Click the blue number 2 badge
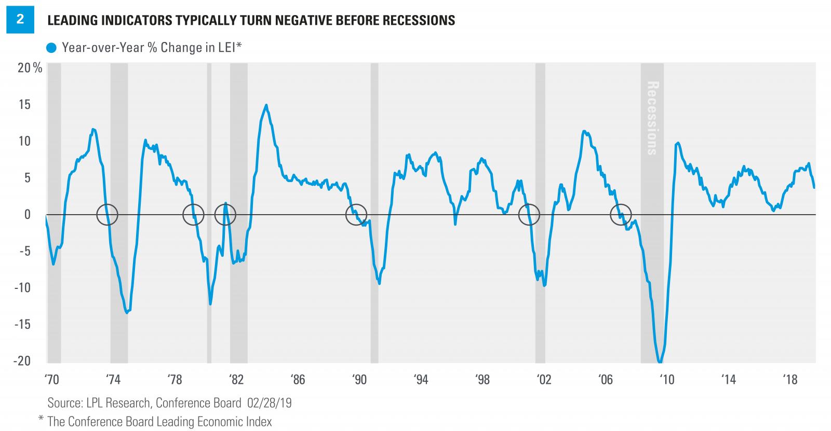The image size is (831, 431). click(20, 20)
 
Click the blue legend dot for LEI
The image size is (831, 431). click(51, 48)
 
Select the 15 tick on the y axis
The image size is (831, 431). click(24, 105)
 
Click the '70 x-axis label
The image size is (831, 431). click(52, 380)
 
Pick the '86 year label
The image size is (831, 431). click(298, 380)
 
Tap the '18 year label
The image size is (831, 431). click(789, 380)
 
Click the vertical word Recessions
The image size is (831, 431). click(652, 118)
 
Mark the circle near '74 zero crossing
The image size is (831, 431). click(108, 214)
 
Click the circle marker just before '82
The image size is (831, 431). click(225, 214)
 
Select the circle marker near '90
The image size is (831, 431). click(356, 214)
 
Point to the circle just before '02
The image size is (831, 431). click(529, 214)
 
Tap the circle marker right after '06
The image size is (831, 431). click(621, 214)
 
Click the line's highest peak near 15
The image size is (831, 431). click(266, 105)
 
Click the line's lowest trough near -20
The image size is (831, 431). click(660, 362)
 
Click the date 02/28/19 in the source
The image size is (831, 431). click(268, 403)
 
